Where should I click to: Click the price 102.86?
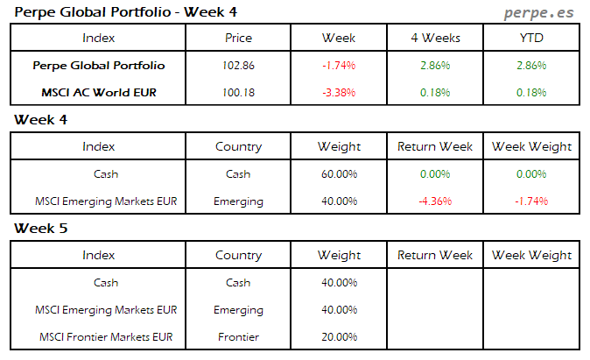coord(238,66)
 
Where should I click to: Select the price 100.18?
coord(238,93)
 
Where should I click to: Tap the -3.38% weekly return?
coord(339,93)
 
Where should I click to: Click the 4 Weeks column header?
coord(435,38)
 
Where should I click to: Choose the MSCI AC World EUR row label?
coord(98,93)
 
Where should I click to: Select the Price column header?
coord(238,38)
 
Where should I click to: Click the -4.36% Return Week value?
coord(435,201)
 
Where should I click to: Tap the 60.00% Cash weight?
coord(339,174)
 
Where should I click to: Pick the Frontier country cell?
coord(238,337)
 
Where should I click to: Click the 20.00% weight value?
coord(339,337)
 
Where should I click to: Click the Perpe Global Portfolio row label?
coord(98,66)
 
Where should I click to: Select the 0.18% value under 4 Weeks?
coord(435,93)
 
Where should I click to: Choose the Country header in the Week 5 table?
coord(238,256)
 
